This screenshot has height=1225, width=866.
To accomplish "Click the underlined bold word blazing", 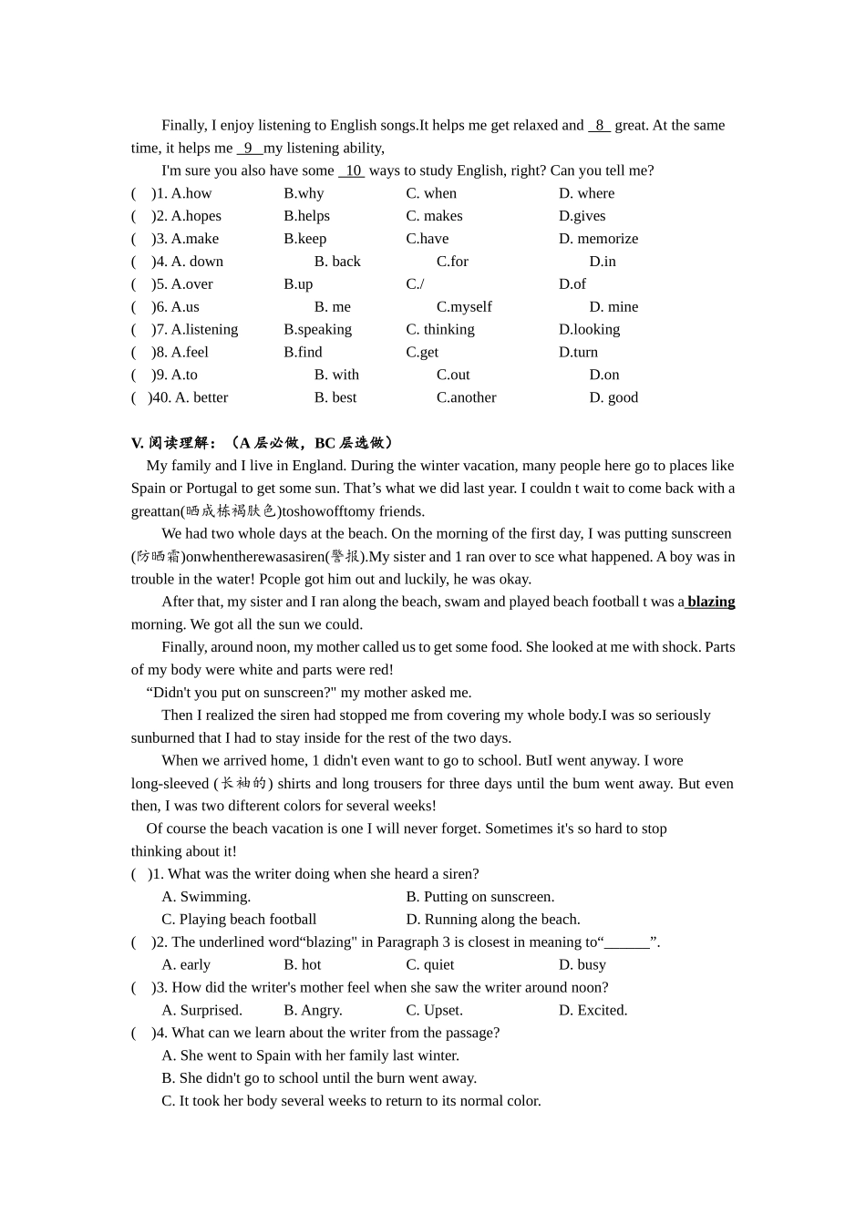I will click(x=710, y=602).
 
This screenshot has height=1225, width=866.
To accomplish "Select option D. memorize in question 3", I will click(x=598, y=239).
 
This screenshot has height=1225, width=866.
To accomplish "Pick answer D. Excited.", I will click(x=593, y=1010).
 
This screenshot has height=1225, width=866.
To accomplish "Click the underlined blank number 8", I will click(x=599, y=126).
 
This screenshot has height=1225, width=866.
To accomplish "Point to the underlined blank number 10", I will click(x=352, y=170).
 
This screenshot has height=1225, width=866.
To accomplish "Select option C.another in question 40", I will click(x=466, y=397).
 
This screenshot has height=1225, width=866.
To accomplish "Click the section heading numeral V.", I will click(x=138, y=443).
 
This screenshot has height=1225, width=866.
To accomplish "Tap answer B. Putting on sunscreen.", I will click(x=479, y=897).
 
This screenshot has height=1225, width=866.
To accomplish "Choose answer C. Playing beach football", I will click(x=239, y=920).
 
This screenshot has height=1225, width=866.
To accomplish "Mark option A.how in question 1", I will click(x=191, y=193).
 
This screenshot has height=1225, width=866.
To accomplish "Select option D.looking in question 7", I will click(x=589, y=329).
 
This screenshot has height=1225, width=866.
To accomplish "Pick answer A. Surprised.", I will click(x=201, y=1010).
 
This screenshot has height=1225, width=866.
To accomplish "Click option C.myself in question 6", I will click(x=464, y=307).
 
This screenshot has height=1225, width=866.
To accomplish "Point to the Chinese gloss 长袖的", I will click(x=242, y=784).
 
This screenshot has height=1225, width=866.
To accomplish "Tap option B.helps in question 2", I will click(x=306, y=216).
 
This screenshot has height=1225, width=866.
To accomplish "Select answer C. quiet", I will click(x=429, y=964).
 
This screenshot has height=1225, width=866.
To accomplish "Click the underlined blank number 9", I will click(x=249, y=149).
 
